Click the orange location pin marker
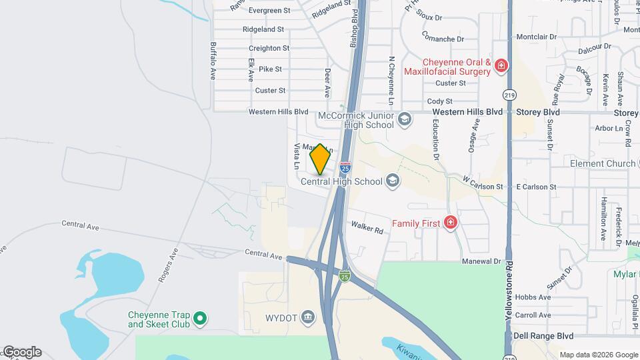pos(320,159)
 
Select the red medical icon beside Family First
pos(451,223)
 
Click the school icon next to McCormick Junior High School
pos(403,119)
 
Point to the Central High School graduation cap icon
pos(393,181)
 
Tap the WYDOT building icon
pos(307,315)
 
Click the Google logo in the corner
pos(21,352)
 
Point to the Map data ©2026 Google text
pos(598,355)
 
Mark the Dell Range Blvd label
pos(545,336)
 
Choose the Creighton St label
pos(269,48)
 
